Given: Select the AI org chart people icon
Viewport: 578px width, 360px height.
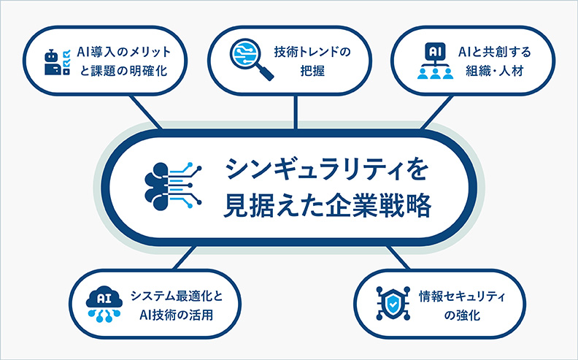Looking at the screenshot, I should pos(435,62).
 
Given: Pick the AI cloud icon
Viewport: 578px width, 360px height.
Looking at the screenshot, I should pos(102,305).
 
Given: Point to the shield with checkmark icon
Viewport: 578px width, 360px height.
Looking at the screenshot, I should pos(393,305).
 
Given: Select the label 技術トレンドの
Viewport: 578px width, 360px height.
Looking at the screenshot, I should pos(312,52).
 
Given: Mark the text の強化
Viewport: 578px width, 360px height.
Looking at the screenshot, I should pos(462,316).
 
